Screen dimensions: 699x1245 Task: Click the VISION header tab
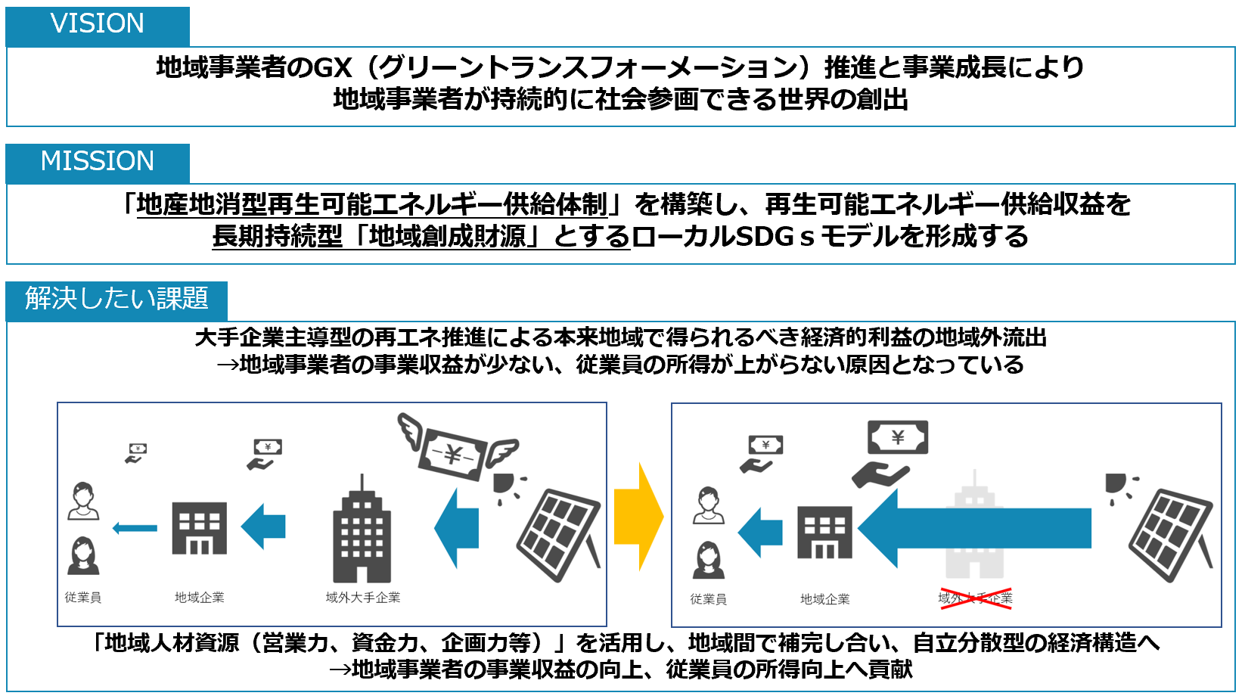click(x=98, y=25)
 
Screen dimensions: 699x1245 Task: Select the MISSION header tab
click(x=98, y=163)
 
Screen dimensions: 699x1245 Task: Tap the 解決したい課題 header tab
click(x=116, y=300)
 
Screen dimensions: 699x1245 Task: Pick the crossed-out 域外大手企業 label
click(x=975, y=598)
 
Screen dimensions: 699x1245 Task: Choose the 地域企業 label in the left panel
click(x=199, y=598)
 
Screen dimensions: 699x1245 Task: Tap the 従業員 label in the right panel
click(x=708, y=599)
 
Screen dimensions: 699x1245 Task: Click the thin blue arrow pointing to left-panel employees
click(x=135, y=528)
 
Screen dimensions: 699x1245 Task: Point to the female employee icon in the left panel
click(x=83, y=556)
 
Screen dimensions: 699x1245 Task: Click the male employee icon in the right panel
click(x=709, y=505)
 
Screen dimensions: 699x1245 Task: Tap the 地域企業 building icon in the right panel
click(x=824, y=533)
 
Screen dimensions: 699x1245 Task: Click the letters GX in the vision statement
click(x=333, y=68)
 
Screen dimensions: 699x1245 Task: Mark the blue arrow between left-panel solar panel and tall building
click(x=458, y=528)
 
